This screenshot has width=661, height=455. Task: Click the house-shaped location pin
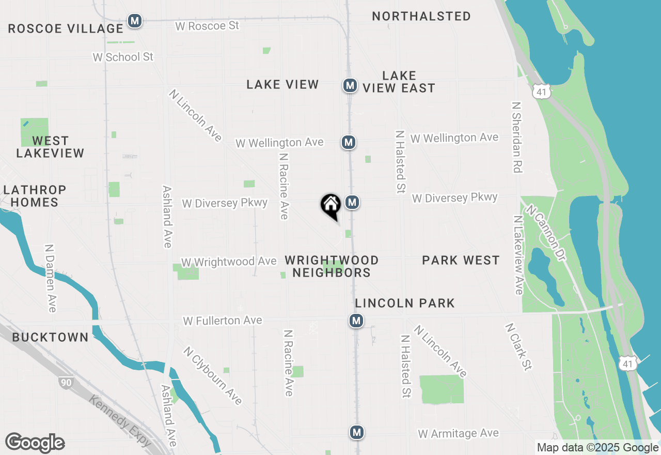tap(330, 205)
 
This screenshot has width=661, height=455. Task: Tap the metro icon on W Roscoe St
tap(135, 21)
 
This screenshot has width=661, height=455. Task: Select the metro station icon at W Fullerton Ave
tap(356, 321)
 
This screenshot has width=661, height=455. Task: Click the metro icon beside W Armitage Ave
tap(356, 432)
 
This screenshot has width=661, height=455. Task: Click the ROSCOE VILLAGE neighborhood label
tap(66, 28)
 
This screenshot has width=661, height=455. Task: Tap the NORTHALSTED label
tap(421, 17)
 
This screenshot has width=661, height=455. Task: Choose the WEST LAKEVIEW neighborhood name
tap(50, 147)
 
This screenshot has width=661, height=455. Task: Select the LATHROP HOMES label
tap(35, 196)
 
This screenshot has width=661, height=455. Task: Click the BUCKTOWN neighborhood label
tap(50, 338)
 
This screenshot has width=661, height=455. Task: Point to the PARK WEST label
tap(461, 260)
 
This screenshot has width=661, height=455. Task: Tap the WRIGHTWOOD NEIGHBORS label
tap(332, 266)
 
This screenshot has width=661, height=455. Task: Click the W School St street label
tap(123, 57)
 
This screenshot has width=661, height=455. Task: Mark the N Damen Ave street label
tap(50, 278)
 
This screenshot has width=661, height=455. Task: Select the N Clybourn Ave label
tap(212, 375)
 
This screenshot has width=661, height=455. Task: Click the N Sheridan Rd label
tap(516, 136)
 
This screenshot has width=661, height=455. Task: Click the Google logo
tap(35, 443)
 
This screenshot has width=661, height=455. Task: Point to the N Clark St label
tap(518, 347)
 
